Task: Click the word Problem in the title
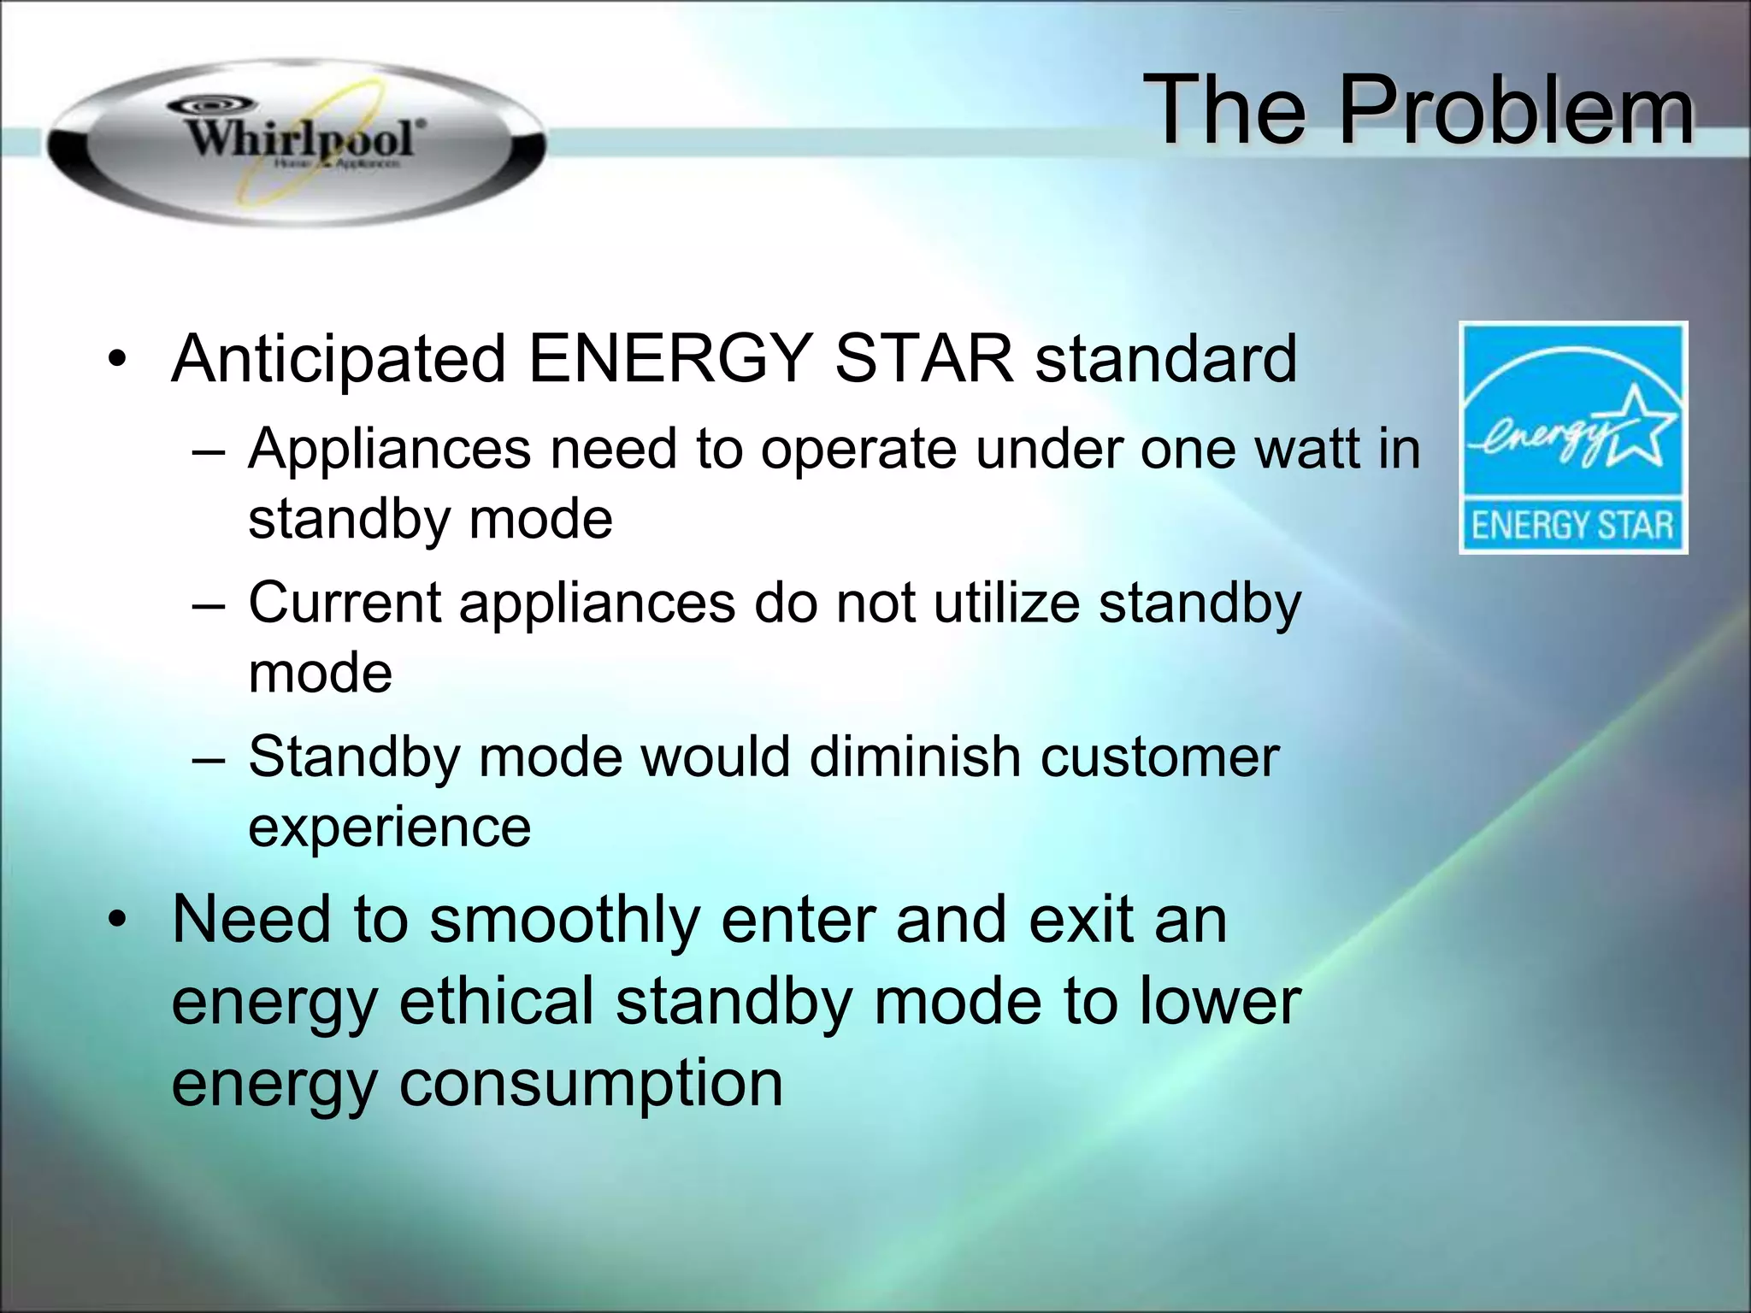point(1514,110)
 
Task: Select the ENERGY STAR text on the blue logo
point(1572,525)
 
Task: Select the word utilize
point(1006,604)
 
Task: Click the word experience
point(389,827)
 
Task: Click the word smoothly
point(564,921)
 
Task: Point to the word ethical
point(497,1002)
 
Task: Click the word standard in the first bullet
point(1166,359)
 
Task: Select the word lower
point(1220,1002)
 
